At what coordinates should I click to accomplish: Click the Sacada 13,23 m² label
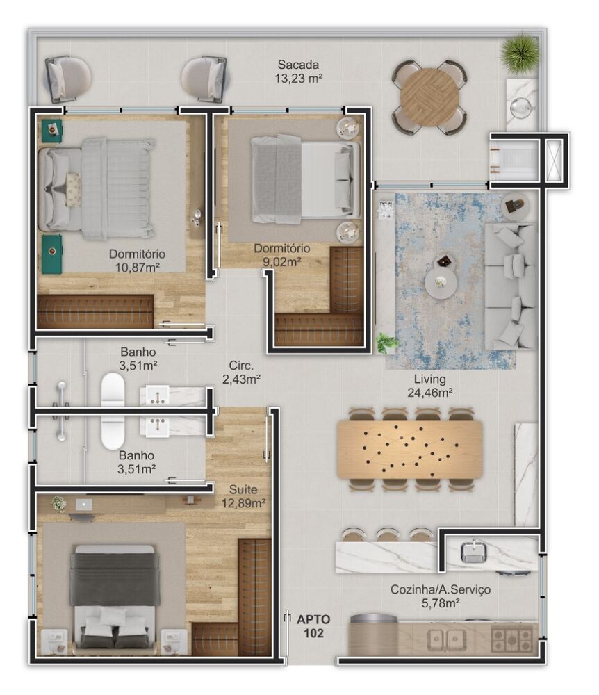(298, 70)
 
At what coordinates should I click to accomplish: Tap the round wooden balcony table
(429, 96)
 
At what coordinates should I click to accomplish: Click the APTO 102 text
(313, 625)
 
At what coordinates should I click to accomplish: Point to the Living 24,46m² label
(430, 386)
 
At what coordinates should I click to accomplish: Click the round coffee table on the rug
(441, 283)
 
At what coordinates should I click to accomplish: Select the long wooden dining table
(409, 449)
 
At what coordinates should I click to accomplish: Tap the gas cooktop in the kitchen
(511, 638)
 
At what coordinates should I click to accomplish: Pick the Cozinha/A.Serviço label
(440, 596)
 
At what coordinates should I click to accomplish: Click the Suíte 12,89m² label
(243, 496)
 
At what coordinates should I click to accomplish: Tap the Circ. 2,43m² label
(241, 372)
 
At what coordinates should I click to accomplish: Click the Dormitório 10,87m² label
(136, 259)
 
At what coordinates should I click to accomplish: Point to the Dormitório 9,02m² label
(281, 254)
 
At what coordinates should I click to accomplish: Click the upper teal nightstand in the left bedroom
(51, 130)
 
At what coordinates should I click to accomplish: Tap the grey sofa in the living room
(510, 285)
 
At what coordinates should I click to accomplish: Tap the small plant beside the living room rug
(386, 343)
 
